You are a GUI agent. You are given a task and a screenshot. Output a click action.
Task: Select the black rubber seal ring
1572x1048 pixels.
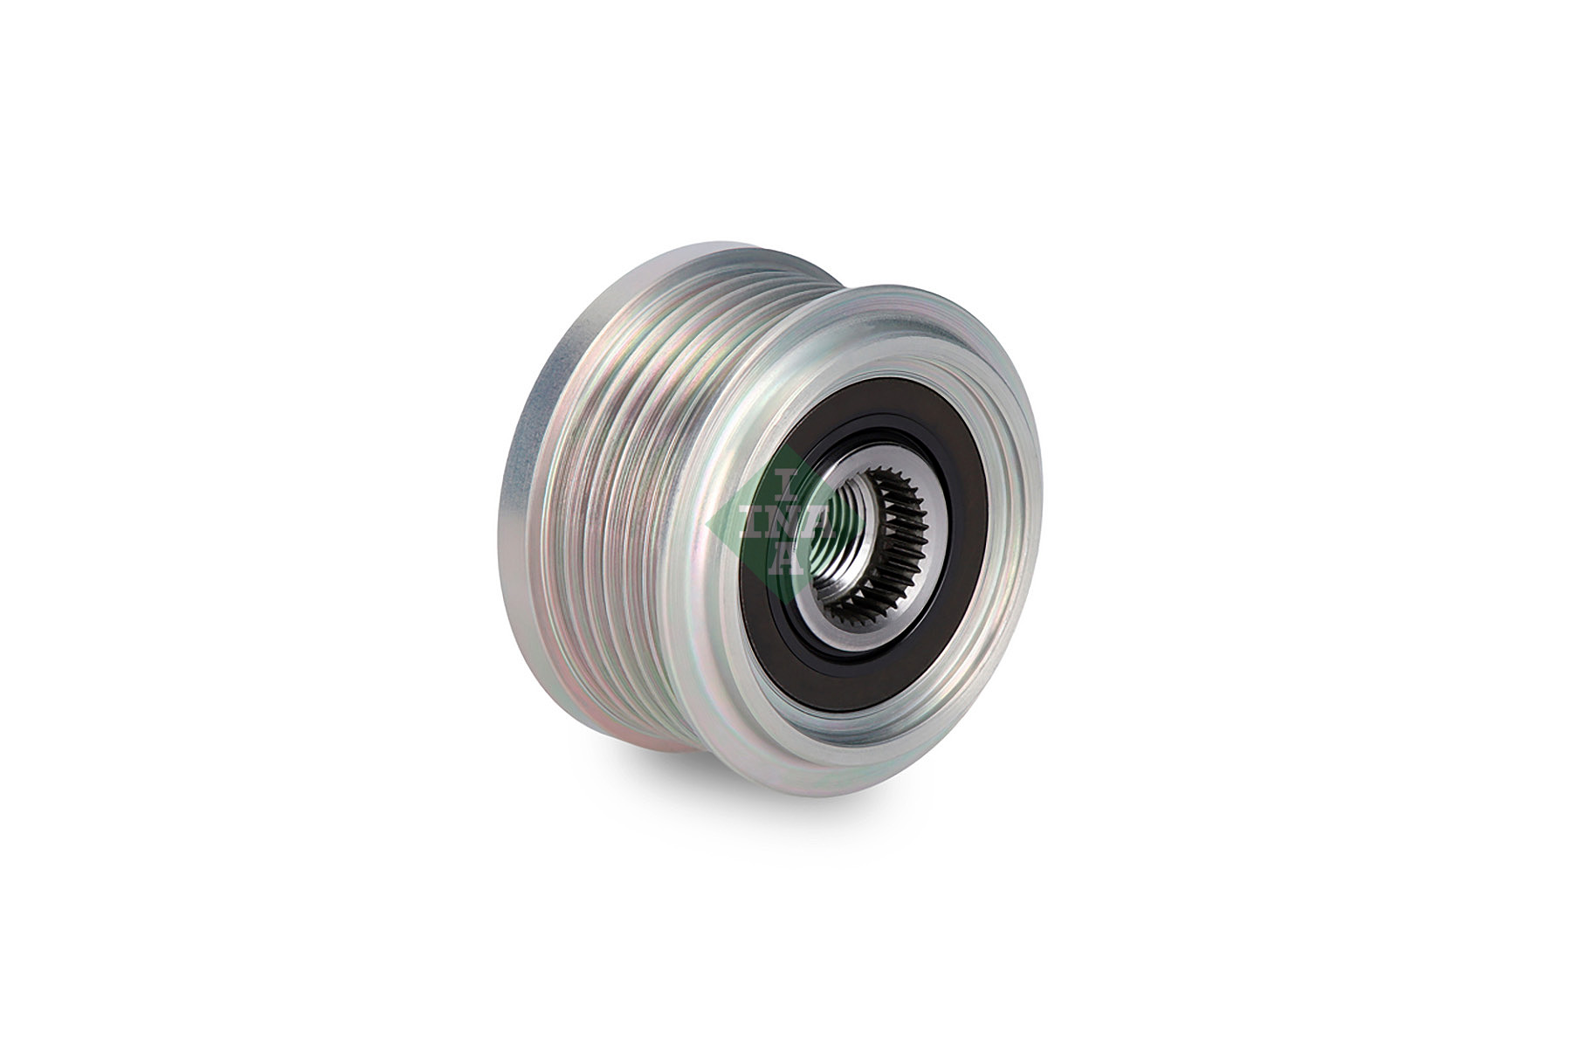click(x=952, y=489)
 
